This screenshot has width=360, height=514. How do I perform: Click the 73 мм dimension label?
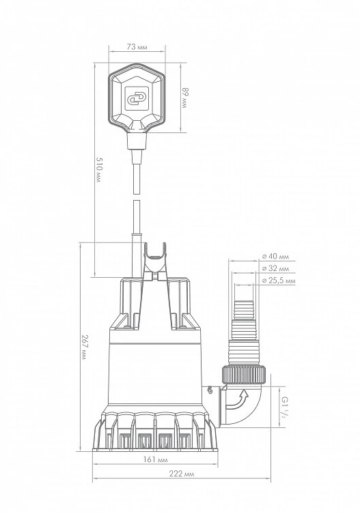pyautogui.click(x=137, y=47)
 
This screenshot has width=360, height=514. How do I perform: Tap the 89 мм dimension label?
pyautogui.click(x=185, y=98)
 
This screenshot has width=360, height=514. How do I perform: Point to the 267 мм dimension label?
pyautogui.click(x=85, y=347)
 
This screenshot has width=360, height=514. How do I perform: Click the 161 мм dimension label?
pyautogui.click(x=155, y=460)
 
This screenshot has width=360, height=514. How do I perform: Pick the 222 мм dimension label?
pyautogui.click(x=182, y=474)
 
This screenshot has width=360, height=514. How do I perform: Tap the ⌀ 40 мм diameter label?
pyautogui.click(x=275, y=257)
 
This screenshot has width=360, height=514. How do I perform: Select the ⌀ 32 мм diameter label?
pyautogui.click(x=275, y=268)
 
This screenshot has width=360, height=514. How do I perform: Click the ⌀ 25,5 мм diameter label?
pyautogui.click(x=279, y=281)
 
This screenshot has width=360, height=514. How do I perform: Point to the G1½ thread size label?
pyautogui.click(x=283, y=406)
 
